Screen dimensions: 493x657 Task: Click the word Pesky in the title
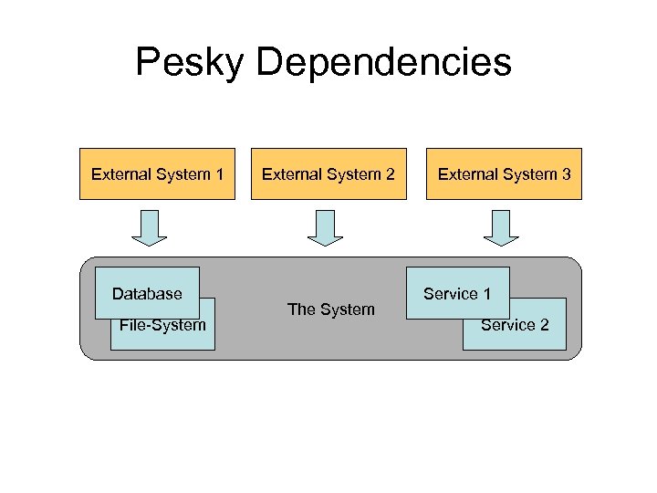190,63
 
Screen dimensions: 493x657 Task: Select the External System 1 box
158,173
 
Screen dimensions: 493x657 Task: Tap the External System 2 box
328,173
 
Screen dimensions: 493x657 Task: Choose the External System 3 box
504,173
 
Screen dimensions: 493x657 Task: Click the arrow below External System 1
150,228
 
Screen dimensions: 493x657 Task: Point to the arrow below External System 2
325,228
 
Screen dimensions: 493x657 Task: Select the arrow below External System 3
500,228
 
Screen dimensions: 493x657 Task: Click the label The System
330,309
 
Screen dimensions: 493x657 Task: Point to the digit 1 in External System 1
219,173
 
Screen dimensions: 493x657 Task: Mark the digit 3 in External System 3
566,173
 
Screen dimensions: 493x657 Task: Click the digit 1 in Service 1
486,294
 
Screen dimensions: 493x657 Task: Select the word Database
147,294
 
